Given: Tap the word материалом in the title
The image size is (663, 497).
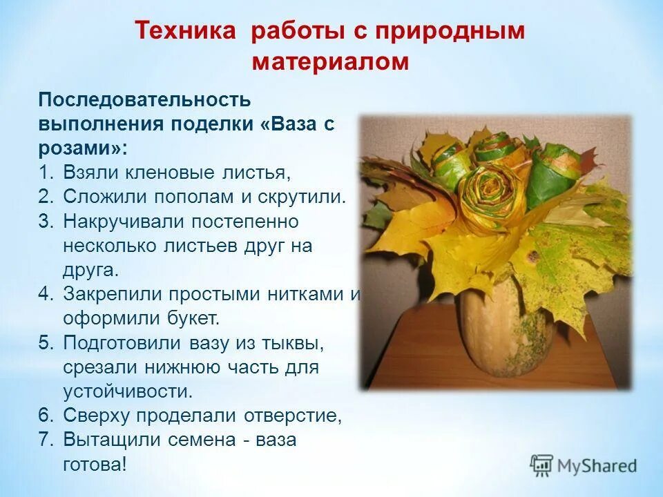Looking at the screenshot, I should [331, 62].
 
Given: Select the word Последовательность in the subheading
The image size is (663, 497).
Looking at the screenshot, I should [144, 99].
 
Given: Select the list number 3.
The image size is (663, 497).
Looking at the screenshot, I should [45, 221].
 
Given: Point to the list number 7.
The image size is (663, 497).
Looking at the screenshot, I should [45, 440].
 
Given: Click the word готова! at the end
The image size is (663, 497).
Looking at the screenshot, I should [95, 464].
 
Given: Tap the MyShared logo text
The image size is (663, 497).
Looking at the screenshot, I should [597, 466].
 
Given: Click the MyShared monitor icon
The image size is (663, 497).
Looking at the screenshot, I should [542, 465].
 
